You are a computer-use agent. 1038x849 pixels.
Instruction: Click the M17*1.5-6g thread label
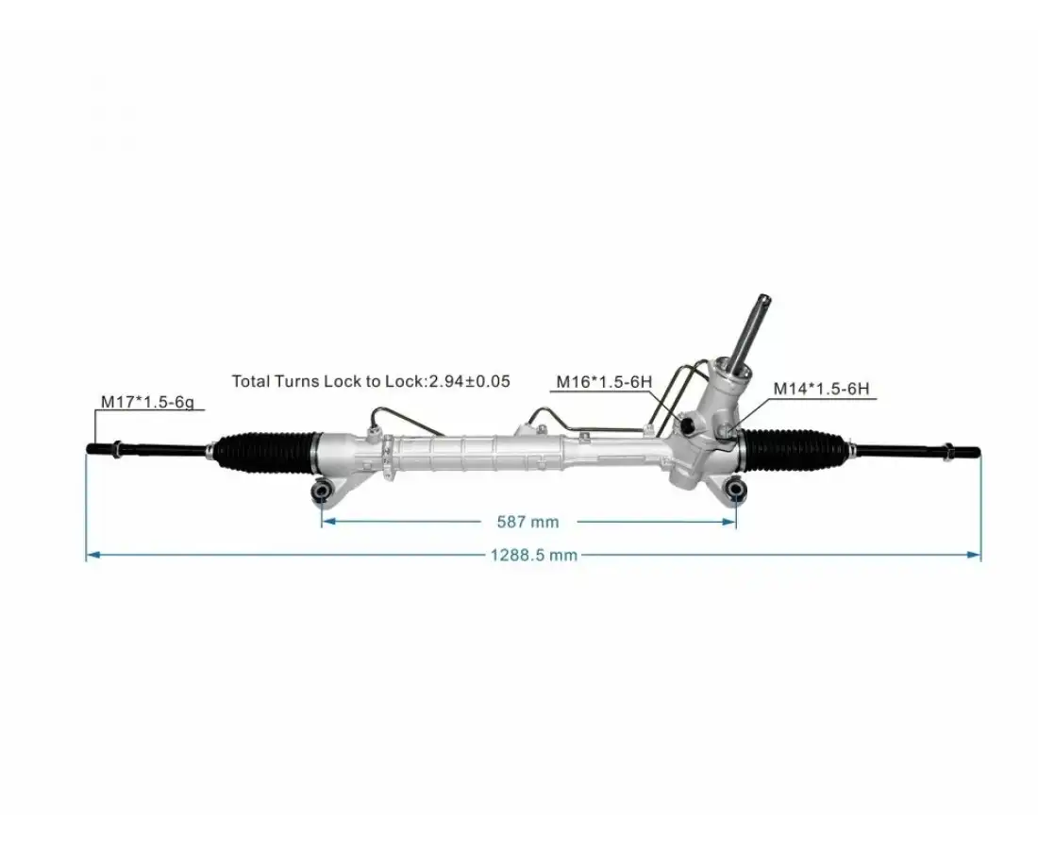point(147,402)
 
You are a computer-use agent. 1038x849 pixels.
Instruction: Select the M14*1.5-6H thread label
point(821,388)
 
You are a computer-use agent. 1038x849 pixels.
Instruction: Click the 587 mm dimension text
point(527,522)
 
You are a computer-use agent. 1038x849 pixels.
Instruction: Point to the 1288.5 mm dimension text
point(533,556)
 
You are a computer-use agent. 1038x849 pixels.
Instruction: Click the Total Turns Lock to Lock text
point(329,381)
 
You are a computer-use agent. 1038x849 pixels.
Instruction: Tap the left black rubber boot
point(267,451)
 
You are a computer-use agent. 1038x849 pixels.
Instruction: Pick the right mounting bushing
point(736,489)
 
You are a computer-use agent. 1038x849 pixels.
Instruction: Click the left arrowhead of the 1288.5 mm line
point(91,556)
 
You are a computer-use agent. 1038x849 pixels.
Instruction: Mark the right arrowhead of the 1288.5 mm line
point(977,556)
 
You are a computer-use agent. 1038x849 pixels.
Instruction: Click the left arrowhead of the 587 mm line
point(326,521)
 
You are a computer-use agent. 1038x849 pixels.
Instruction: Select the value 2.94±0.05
point(469,381)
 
